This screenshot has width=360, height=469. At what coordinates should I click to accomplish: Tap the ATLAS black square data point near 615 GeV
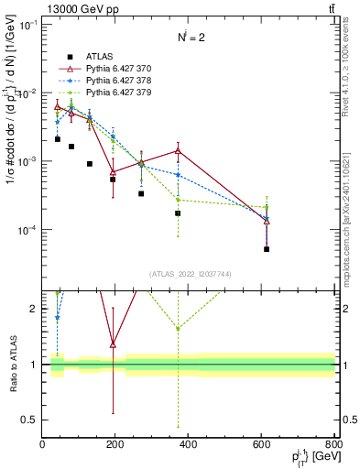point(267,249)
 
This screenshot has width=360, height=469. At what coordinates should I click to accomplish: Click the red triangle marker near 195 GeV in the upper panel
point(113,171)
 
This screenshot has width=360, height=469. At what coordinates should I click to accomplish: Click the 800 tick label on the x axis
point(333,444)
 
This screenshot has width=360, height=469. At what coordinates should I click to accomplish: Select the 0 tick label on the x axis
point(42,444)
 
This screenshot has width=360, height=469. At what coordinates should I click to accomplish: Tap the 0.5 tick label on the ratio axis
point(29,420)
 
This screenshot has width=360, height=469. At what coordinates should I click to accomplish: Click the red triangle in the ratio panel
point(113,344)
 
